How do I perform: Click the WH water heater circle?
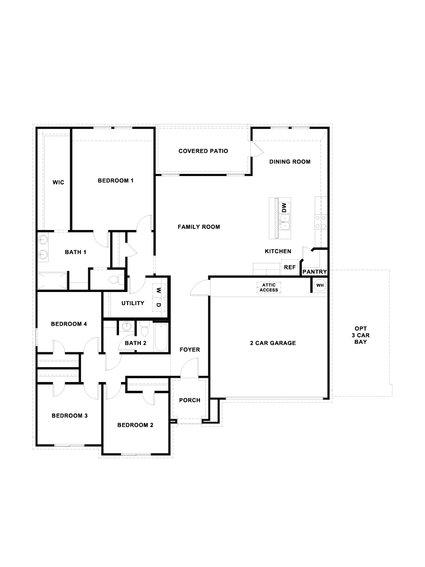coord(320,285)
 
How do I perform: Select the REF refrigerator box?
coord(290,268)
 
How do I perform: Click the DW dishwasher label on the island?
coord(284,208)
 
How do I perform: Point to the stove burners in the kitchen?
coord(321,222)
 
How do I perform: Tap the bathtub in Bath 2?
coord(161,337)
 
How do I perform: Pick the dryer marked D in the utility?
coord(159,304)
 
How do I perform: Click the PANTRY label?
coord(314,272)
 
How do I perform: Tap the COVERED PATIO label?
coord(203,151)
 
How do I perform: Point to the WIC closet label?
coord(58,183)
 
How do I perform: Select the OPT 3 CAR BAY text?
coord(362,335)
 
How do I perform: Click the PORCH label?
coord(189,400)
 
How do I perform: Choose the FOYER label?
coord(189,350)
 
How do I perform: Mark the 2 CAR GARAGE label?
coord(273,343)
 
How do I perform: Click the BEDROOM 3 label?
coord(69,416)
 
